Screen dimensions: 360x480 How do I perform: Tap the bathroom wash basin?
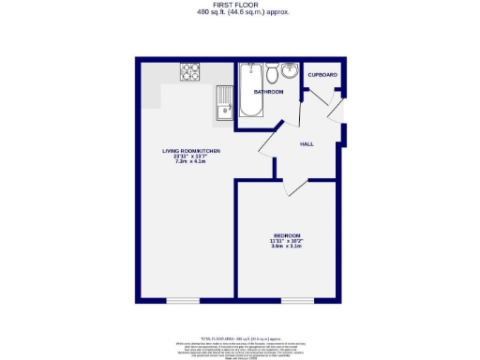289,72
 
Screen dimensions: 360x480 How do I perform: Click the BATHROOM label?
268,92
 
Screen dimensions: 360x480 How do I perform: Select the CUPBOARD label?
322,74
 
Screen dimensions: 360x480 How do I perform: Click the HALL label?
307,144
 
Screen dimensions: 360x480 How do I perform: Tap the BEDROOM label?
287,234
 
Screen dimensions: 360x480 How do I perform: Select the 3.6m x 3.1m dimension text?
287,247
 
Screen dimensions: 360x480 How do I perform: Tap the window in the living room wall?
183,300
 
